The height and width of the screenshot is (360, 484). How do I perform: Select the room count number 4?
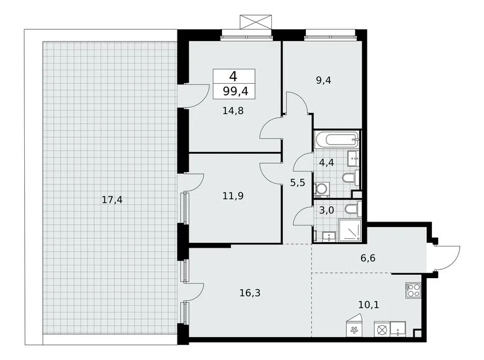[233, 76]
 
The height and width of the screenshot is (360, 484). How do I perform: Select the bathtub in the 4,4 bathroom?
[337, 139]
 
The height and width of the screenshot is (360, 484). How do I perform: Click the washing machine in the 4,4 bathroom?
[322, 188]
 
